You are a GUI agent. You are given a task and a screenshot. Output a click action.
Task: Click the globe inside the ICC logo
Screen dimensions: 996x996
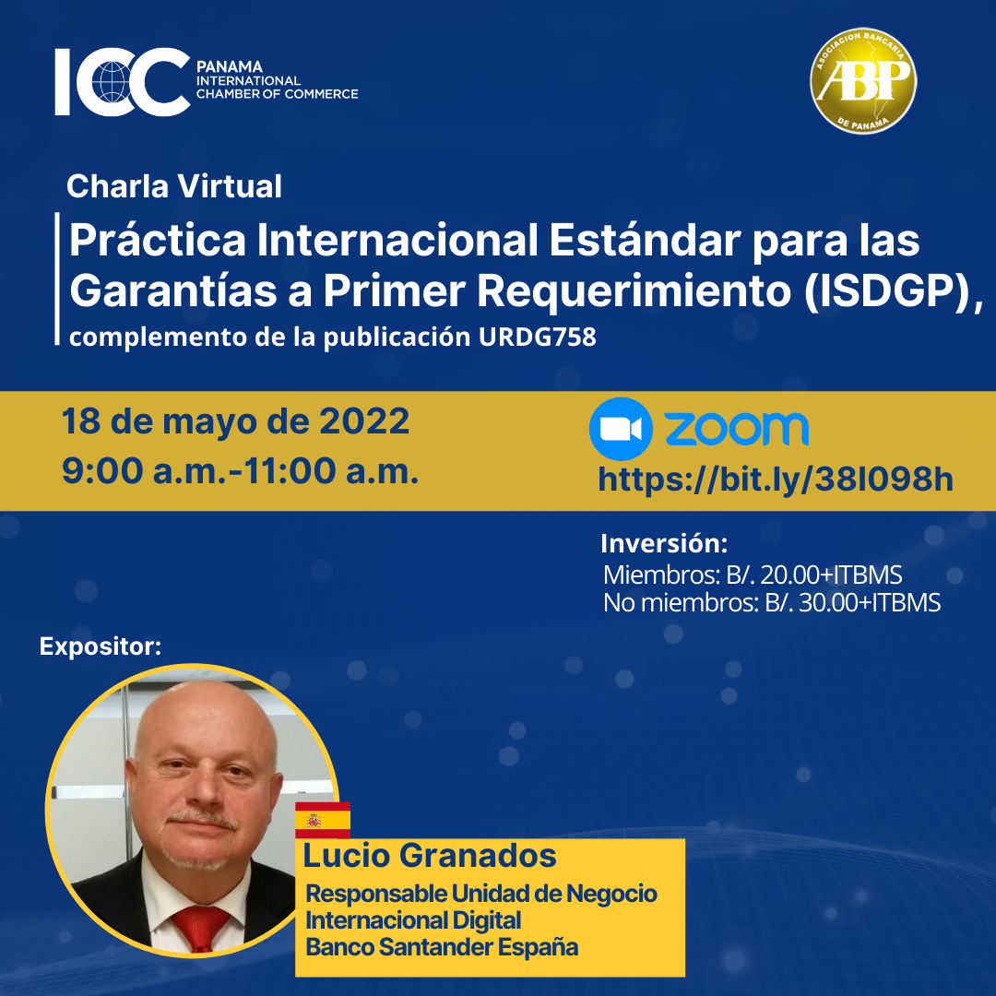(112, 82)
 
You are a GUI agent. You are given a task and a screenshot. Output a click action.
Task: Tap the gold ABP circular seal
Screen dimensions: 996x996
(863, 80)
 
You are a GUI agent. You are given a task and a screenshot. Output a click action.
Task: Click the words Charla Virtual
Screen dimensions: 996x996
(174, 186)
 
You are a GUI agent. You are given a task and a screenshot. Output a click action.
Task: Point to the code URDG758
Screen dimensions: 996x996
(538, 337)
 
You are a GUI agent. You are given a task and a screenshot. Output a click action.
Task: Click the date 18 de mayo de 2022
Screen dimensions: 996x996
(236, 421)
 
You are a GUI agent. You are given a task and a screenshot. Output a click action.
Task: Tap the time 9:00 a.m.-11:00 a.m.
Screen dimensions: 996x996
(240, 470)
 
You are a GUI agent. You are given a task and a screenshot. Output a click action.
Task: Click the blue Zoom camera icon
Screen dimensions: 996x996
(621, 429)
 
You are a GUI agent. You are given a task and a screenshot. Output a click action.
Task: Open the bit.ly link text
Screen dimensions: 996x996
(776, 479)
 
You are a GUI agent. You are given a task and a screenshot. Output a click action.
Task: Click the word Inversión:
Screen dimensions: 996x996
(664, 543)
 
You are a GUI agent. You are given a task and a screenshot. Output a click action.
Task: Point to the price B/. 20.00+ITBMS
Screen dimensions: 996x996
(814, 575)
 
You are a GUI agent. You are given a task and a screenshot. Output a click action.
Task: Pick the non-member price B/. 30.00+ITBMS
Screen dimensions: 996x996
(852, 603)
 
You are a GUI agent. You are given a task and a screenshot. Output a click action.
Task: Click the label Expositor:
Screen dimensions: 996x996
(101, 646)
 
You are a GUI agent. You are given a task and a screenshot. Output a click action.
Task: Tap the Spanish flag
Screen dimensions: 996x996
(323, 820)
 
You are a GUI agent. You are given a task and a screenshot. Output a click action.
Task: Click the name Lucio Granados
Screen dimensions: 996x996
(430, 855)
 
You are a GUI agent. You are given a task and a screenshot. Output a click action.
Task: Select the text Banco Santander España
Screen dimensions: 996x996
(442, 947)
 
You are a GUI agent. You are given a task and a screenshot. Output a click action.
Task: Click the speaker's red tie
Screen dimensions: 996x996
(201, 929)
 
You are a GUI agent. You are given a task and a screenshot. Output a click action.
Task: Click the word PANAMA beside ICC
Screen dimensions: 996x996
(230, 66)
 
